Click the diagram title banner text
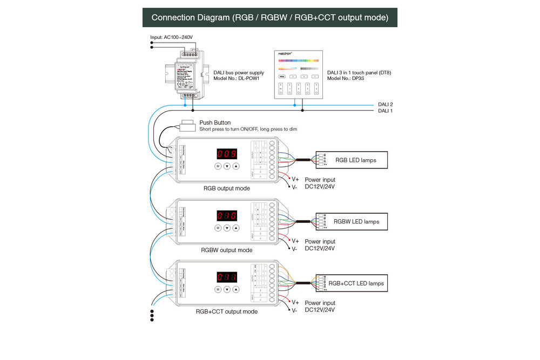tap(269, 17)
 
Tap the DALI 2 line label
tap(385, 104)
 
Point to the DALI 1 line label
tap(385, 111)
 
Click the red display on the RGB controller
tap(227, 153)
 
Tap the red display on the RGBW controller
tap(227, 215)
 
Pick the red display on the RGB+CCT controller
tap(227, 277)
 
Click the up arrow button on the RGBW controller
tap(236, 228)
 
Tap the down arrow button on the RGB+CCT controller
tap(227, 290)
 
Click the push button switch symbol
tap(188, 125)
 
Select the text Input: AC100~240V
tap(171, 37)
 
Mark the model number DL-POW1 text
tap(237, 78)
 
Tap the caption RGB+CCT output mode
tap(226, 311)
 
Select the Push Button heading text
tap(215, 123)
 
